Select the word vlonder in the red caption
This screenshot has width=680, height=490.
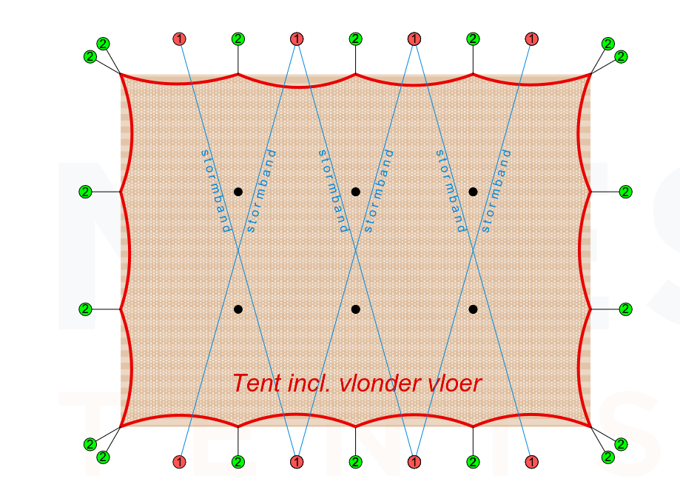(x=380, y=383)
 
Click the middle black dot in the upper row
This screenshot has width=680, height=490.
(x=356, y=192)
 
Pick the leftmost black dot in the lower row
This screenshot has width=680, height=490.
(x=238, y=309)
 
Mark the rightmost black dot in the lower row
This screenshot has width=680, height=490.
(x=473, y=309)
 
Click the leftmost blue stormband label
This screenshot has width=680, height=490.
(x=216, y=191)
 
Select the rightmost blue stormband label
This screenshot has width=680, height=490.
(x=496, y=191)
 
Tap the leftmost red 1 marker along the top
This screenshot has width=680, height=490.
(x=179, y=39)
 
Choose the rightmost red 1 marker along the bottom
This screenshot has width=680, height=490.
(x=532, y=462)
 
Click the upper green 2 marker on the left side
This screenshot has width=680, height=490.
(x=85, y=192)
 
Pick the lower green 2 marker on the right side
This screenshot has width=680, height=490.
(x=625, y=309)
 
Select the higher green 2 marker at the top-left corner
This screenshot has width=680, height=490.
(x=103, y=44)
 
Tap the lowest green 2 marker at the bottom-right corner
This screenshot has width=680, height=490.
(x=608, y=457)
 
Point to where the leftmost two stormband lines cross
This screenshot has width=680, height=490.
(x=238, y=250)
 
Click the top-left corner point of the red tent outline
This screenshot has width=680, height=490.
(x=121, y=74)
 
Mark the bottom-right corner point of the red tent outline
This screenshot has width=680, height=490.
(x=590, y=426)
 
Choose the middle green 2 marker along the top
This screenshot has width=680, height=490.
(x=356, y=39)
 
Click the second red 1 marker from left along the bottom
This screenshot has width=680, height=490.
(x=297, y=462)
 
